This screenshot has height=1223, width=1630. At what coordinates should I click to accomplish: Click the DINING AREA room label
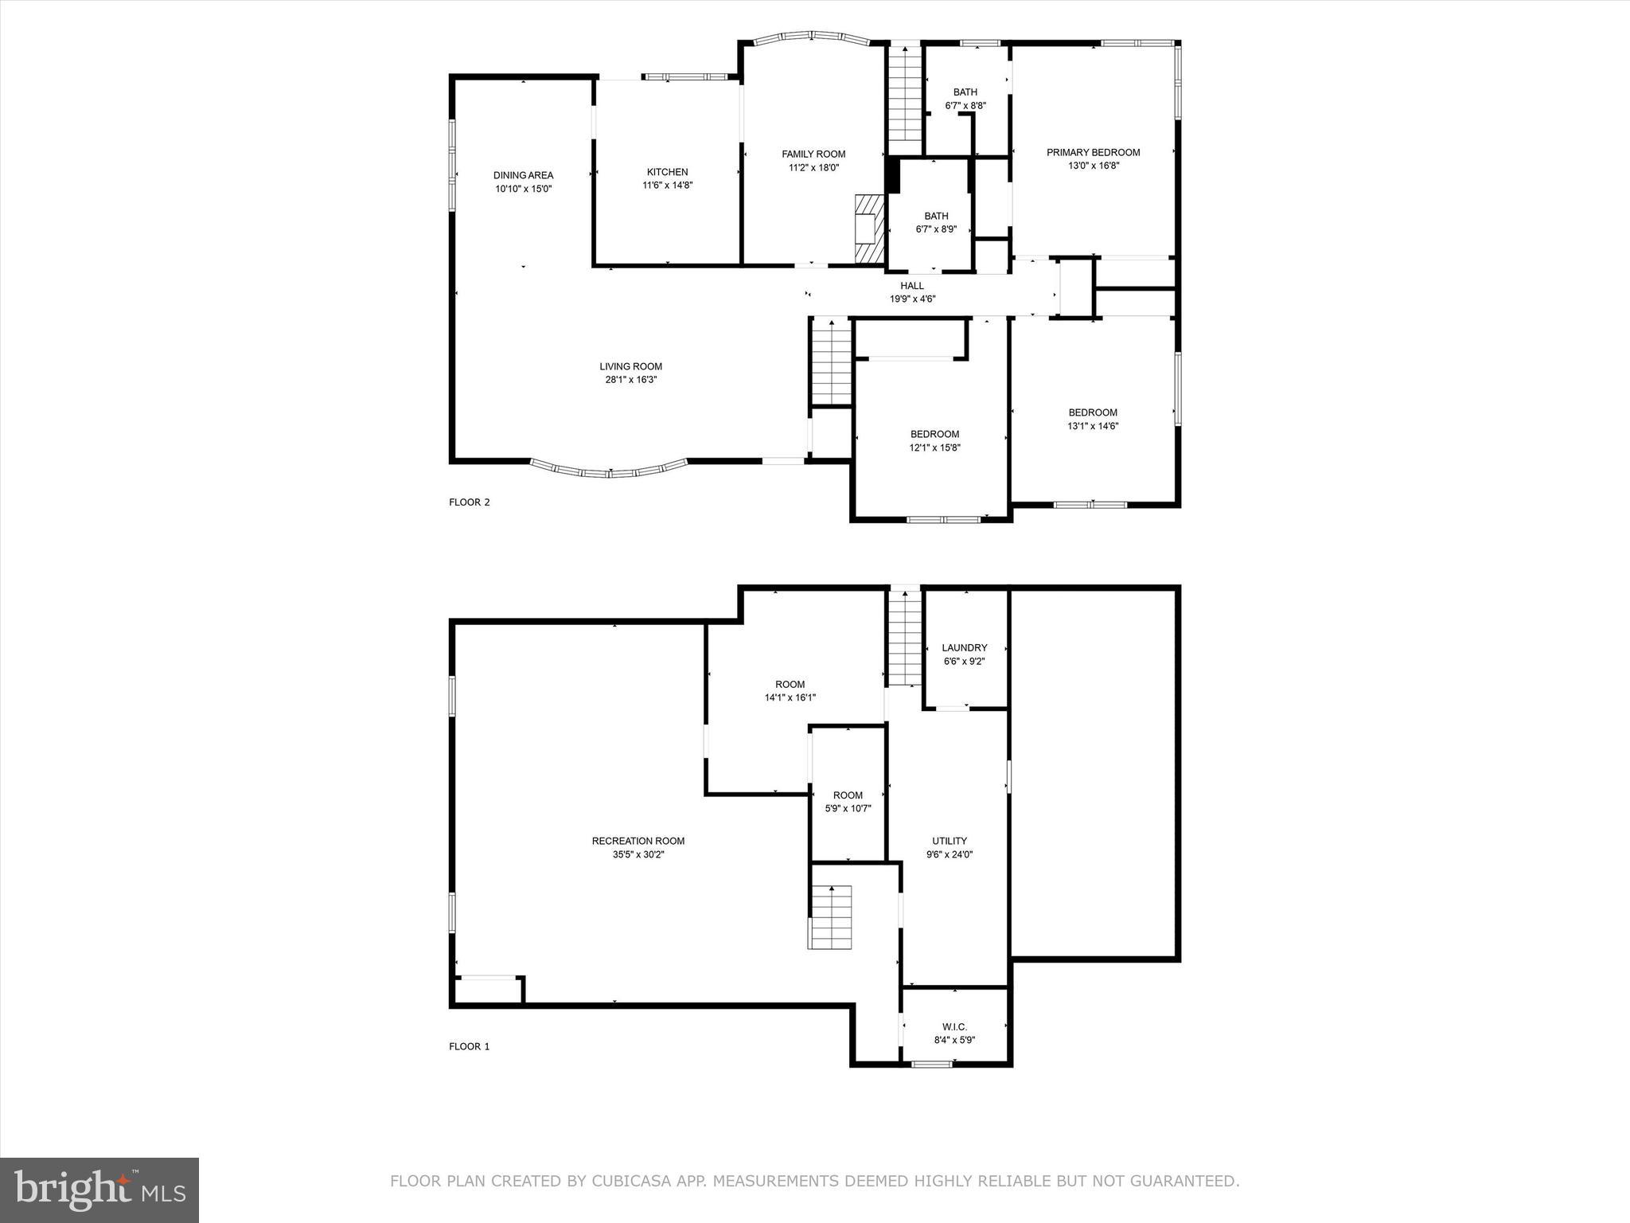click(523, 175)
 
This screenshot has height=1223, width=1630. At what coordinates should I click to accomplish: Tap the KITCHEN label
click(667, 172)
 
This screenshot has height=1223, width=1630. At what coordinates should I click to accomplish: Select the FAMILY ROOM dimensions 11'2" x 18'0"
click(813, 168)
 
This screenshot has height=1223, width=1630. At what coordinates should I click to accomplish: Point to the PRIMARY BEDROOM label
click(1093, 152)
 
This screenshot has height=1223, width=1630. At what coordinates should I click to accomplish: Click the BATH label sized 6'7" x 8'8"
click(965, 92)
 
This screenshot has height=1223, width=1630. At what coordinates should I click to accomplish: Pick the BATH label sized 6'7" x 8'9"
click(936, 216)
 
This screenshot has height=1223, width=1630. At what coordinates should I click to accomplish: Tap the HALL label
click(912, 286)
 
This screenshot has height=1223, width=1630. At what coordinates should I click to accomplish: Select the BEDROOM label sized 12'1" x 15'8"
click(934, 434)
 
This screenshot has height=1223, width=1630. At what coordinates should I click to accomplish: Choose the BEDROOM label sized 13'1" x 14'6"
click(1092, 412)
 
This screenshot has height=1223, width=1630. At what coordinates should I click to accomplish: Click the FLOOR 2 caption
click(470, 502)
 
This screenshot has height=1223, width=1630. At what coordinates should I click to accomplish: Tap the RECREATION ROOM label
click(638, 841)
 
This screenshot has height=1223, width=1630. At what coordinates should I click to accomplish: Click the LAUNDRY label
click(964, 648)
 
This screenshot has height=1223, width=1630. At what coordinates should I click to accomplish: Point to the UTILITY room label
click(950, 841)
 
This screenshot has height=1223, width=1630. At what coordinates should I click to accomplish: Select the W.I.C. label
click(954, 1027)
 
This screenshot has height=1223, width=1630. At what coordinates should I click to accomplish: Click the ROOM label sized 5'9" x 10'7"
click(848, 795)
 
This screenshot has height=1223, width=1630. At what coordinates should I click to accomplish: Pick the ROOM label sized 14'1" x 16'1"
click(790, 685)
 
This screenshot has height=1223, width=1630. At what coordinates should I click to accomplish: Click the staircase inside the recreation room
click(831, 917)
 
